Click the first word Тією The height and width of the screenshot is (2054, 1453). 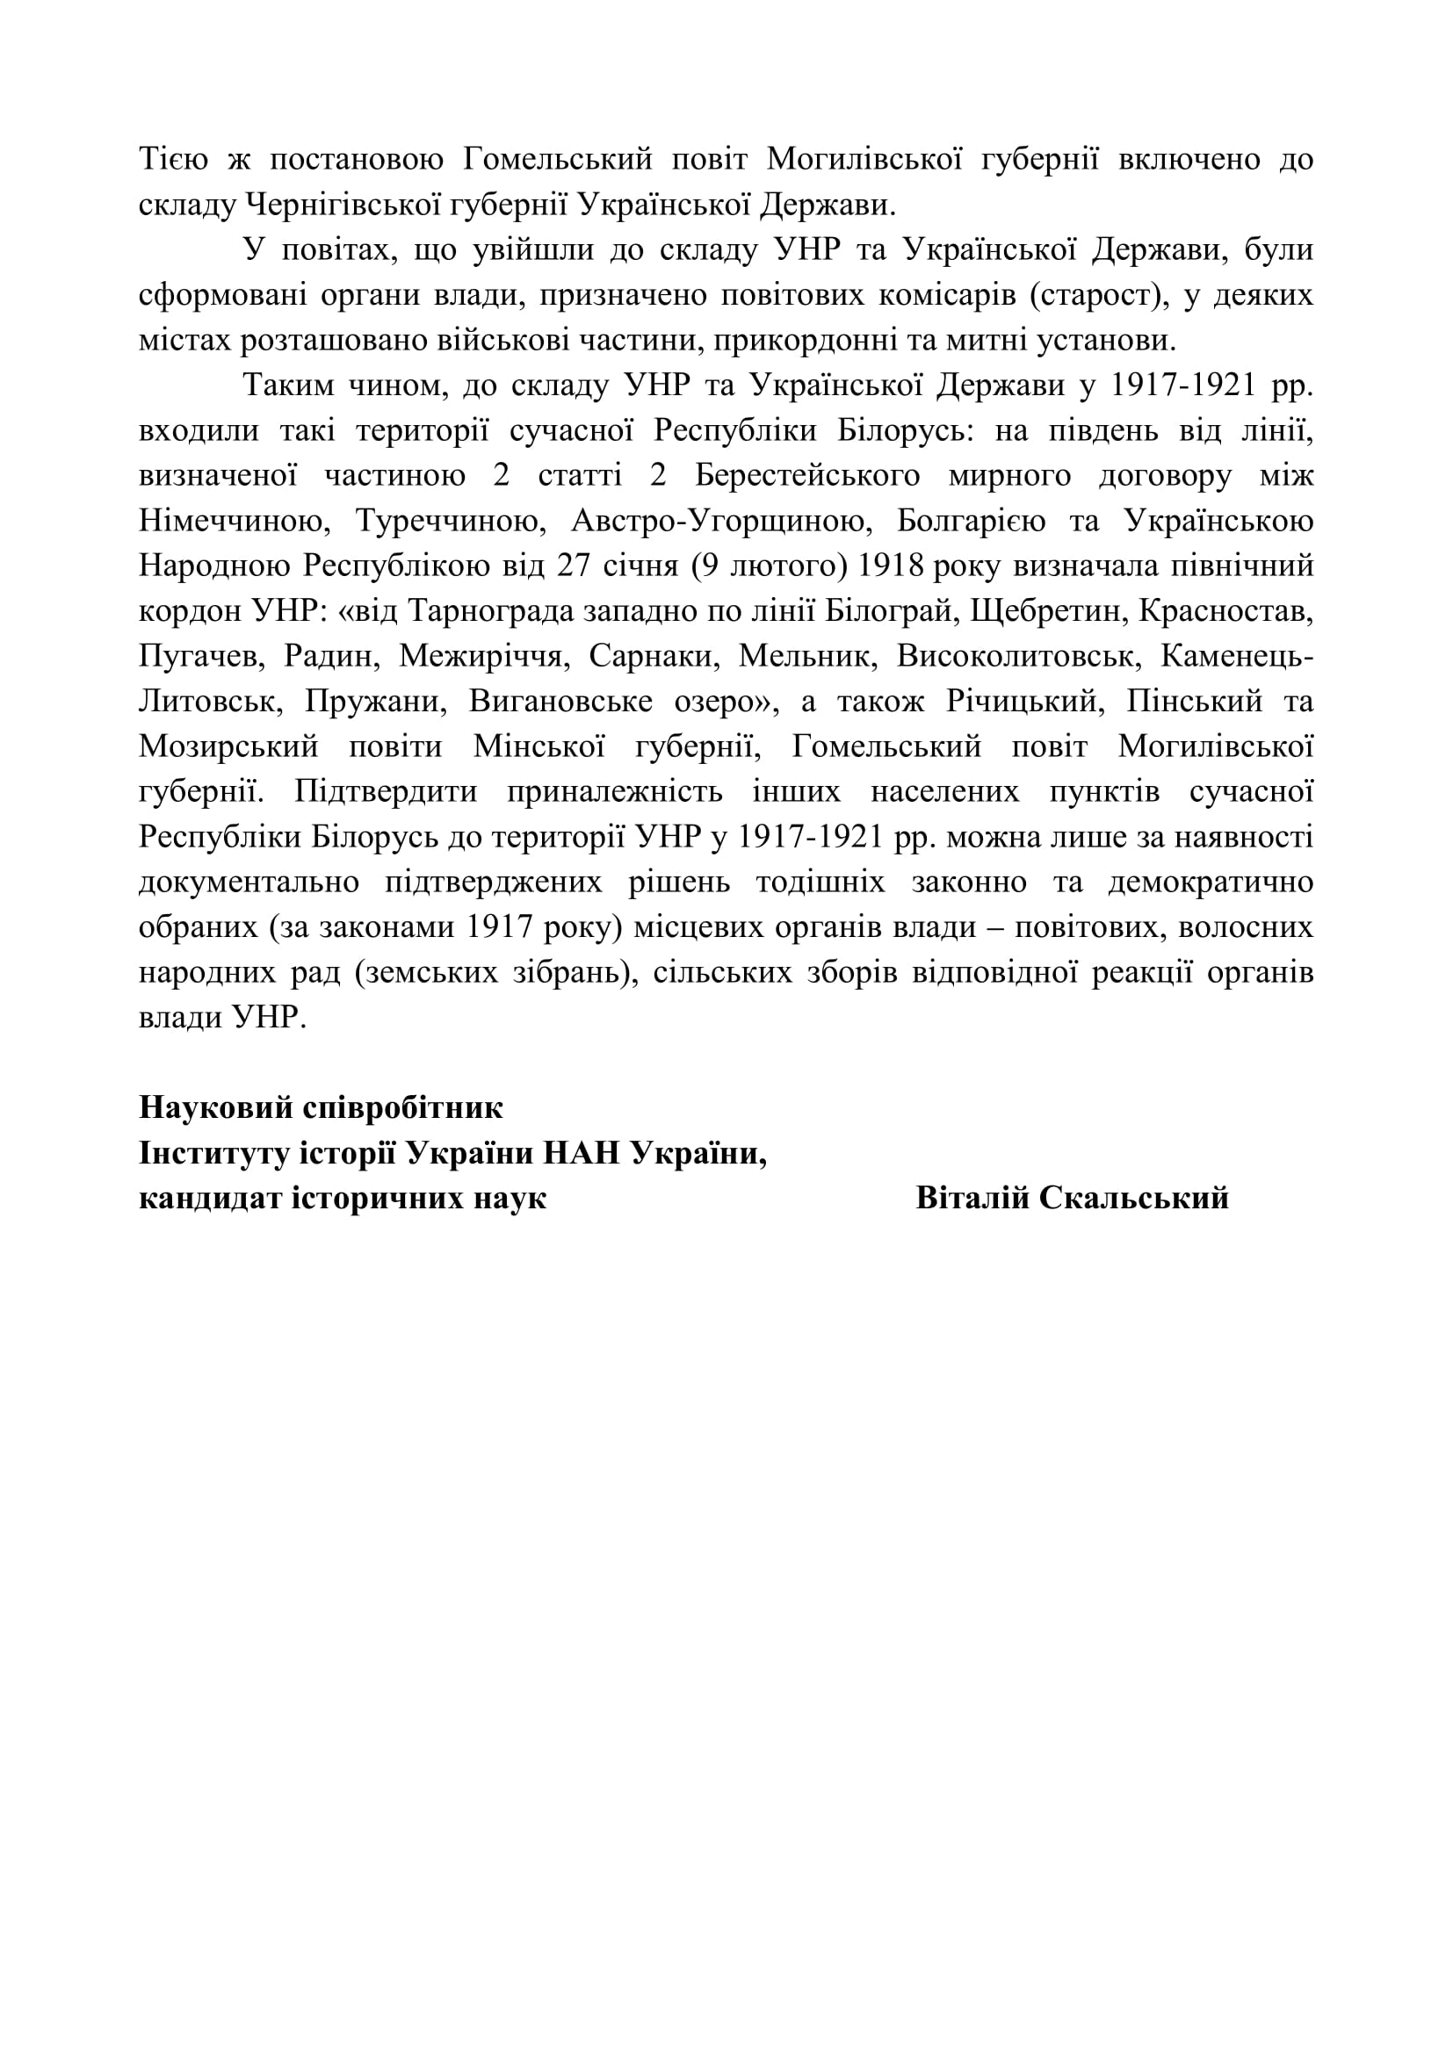[174, 160]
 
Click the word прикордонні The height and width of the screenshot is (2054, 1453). [805, 340]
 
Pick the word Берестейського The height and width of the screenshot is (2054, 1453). [807, 475]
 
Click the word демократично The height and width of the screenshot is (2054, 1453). [1211, 882]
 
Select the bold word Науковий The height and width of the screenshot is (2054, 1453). [215, 1107]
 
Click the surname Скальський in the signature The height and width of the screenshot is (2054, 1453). [1133, 1198]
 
